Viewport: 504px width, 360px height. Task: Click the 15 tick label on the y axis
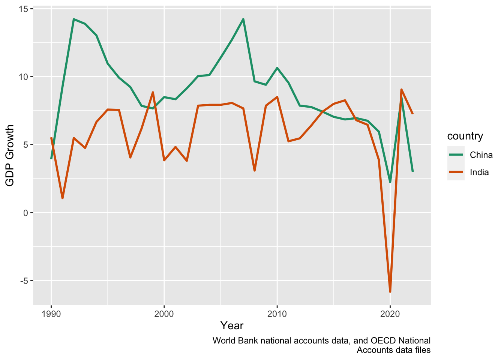coord(23,9)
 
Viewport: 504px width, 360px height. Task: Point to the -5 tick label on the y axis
coord(23,281)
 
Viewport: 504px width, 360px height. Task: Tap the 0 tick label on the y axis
coord(25,213)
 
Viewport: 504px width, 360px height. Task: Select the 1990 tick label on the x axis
coord(51,313)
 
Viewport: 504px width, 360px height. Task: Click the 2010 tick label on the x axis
coord(277,313)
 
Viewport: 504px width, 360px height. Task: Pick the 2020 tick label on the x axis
coord(390,313)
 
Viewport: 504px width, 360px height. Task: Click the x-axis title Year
coord(232,325)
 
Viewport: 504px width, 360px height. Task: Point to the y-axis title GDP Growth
coord(10,155)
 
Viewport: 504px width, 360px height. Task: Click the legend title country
coord(465,136)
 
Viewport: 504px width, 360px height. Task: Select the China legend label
coord(481,155)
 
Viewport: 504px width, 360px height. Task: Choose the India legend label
coord(479,172)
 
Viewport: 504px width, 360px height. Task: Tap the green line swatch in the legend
coord(456,155)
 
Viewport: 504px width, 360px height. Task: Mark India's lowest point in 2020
coord(390,291)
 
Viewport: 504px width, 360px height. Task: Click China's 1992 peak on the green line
coord(74,19)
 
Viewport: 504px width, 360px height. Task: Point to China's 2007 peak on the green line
coord(243,19)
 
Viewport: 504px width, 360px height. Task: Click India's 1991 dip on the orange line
coord(63,198)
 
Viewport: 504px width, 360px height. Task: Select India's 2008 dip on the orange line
coord(255,171)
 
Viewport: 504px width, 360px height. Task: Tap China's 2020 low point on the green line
coord(390,182)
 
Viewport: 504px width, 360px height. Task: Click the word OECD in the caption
coord(382,340)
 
